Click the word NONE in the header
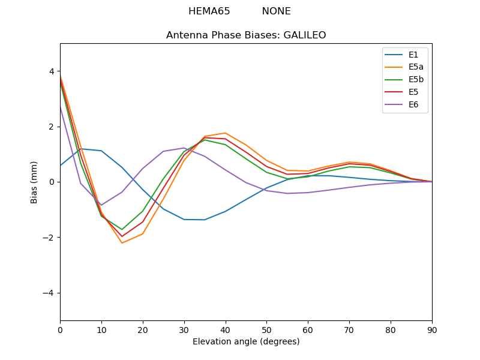coord(276,11)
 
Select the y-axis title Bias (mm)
coord(35,182)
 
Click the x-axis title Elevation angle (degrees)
coord(246,342)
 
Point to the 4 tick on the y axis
coord(52,71)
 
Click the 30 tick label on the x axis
coord(184,329)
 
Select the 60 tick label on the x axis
coord(308,329)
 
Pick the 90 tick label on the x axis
coord(432,329)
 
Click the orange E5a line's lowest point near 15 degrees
coord(122,243)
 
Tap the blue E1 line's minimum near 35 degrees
coord(205,220)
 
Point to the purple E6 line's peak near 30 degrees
coord(184,148)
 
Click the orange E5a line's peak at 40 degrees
coord(225,133)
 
